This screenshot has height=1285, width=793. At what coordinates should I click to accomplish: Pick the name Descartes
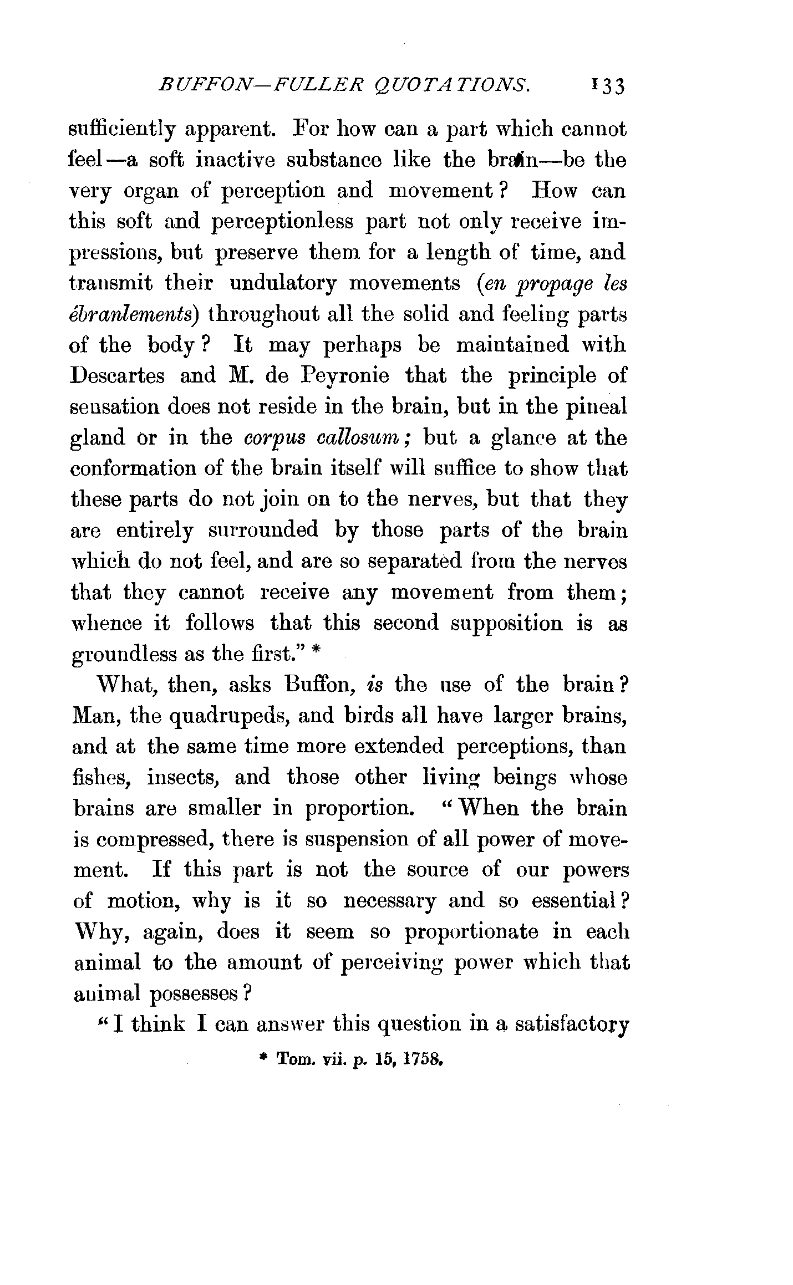[117, 376]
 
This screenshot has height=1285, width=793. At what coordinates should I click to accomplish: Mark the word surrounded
[263, 531]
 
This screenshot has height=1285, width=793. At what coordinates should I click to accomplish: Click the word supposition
[506, 624]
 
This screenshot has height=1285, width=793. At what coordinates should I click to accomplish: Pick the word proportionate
[471, 933]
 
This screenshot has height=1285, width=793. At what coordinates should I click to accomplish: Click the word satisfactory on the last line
[572, 1025]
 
